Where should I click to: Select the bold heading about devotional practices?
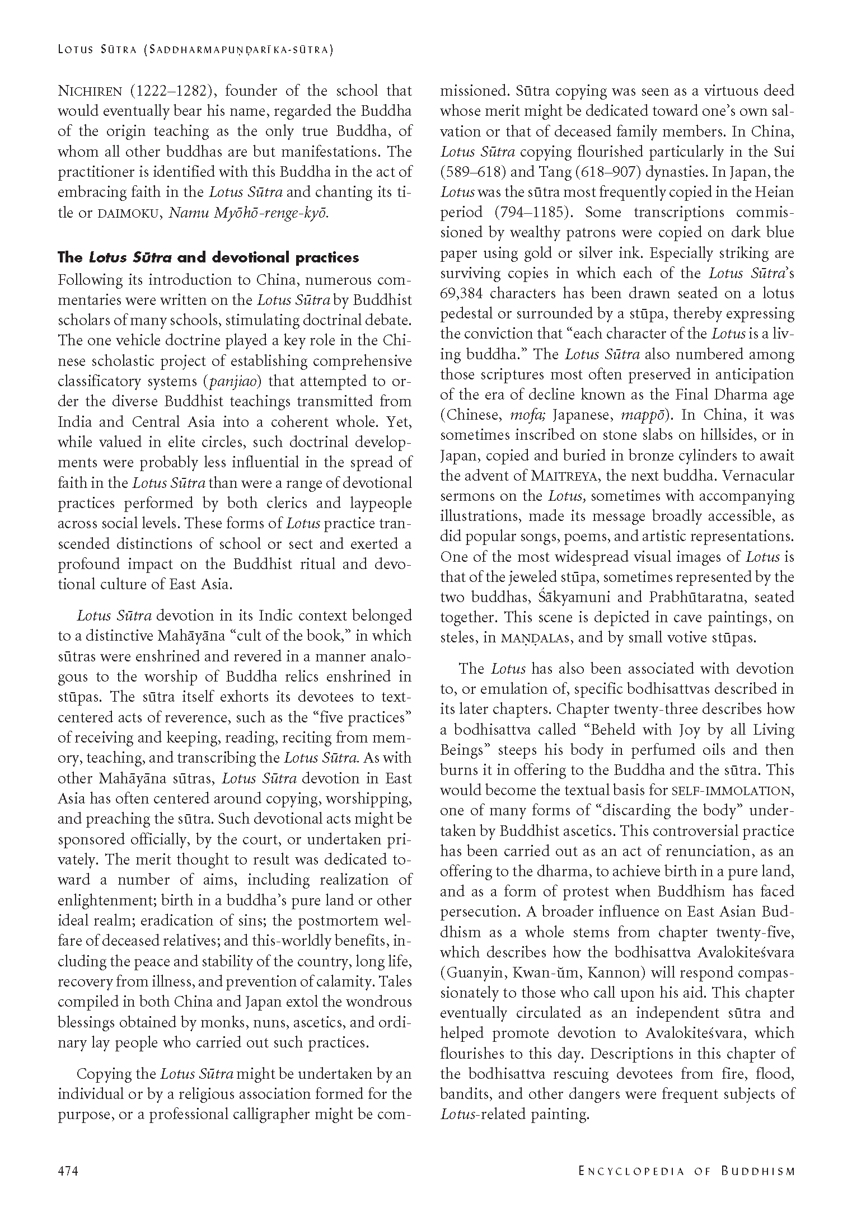click(x=208, y=257)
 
